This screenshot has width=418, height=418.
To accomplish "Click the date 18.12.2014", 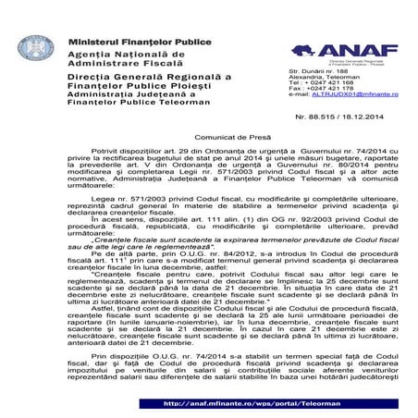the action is coord(360,118).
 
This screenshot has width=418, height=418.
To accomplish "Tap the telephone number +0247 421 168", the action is coord(326,81).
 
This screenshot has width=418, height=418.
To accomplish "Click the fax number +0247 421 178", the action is coord(327,88).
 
